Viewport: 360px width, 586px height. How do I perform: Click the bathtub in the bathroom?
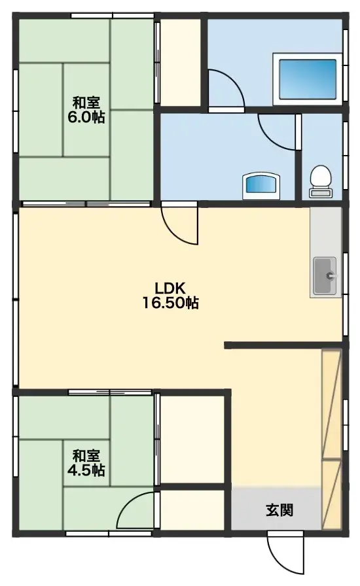click(x=308, y=78)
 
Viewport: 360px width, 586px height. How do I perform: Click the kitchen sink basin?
click(x=325, y=275)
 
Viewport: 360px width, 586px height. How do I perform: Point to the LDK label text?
click(x=171, y=288)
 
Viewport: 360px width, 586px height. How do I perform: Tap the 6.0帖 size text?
click(x=86, y=118)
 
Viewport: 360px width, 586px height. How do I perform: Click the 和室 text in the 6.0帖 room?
click(x=86, y=103)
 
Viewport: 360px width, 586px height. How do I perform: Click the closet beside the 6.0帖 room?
click(x=180, y=62)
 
